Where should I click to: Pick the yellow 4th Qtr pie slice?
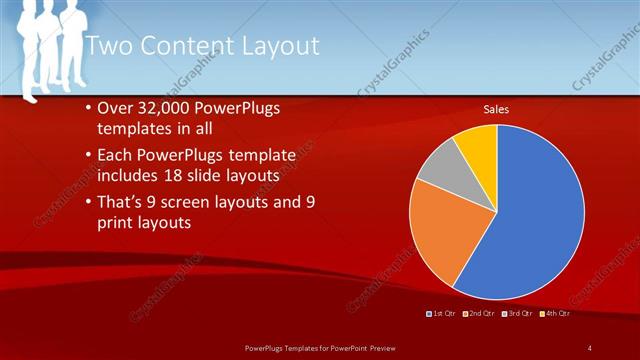point(477,145)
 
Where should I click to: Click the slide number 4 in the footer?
point(590,347)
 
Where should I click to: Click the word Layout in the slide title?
point(277,46)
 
